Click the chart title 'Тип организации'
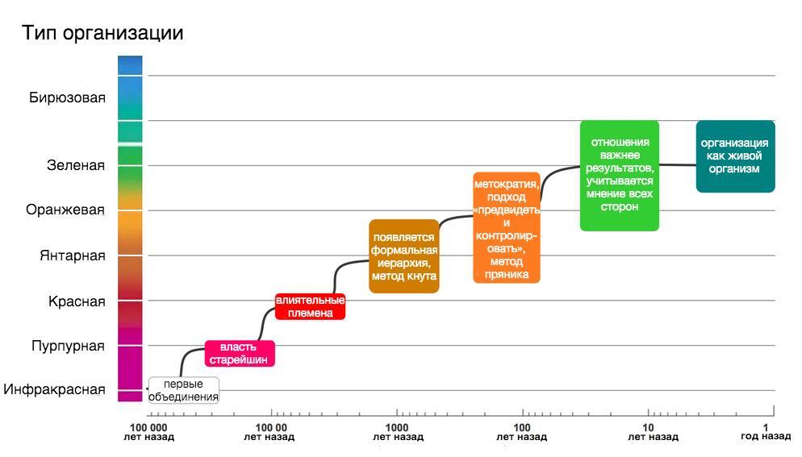(102, 33)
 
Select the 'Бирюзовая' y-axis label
(68, 98)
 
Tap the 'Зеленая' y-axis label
(76, 166)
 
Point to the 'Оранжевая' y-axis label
(65, 210)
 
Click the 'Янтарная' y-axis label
(73, 256)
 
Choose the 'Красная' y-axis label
(77, 301)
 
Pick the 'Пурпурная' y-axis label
(68, 347)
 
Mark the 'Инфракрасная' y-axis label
(54, 390)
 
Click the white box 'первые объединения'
(184, 390)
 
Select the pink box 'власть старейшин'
(240, 353)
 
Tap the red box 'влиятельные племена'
(311, 306)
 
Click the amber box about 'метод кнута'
(404, 256)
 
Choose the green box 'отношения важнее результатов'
(620, 175)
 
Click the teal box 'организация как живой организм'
(735, 156)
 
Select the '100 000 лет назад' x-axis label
(148, 432)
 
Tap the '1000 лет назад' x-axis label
(397, 432)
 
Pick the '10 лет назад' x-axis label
(649, 432)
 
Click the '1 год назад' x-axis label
(765, 432)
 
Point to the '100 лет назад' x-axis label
(522, 432)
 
